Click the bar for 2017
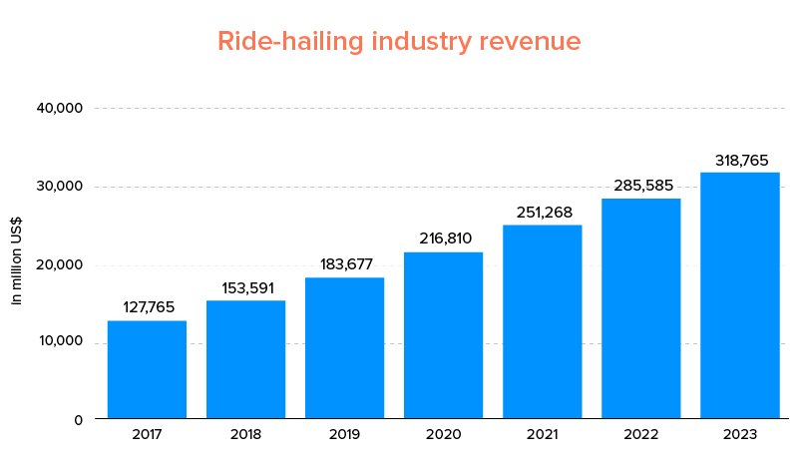pyautogui.click(x=147, y=369)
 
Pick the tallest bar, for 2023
pyautogui.click(x=739, y=295)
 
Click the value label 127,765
pyautogui.click(x=147, y=307)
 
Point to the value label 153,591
pyautogui.click(x=245, y=287)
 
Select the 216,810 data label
pyautogui.click(x=443, y=238)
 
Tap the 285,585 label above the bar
pyautogui.click(x=640, y=186)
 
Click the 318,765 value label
pyautogui.click(x=739, y=160)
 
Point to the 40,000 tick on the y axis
pyautogui.click(x=60, y=108)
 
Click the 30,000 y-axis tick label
pyautogui.click(x=60, y=187)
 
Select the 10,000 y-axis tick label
pyautogui.click(x=60, y=343)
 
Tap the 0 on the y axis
pyautogui.click(x=78, y=419)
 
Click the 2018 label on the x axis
pyautogui.click(x=245, y=435)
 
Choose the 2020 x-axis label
pyautogui.click(x=443, y=435)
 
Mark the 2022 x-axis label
pyautogui.click(x=640, y=435)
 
